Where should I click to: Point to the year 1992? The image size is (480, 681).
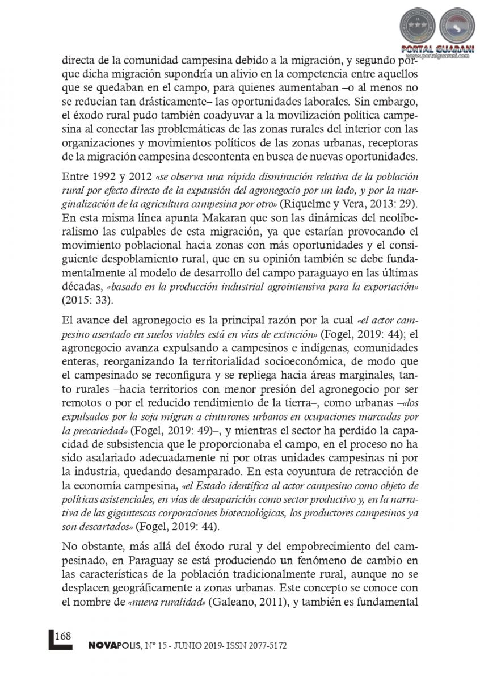click(x=104, y=174)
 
